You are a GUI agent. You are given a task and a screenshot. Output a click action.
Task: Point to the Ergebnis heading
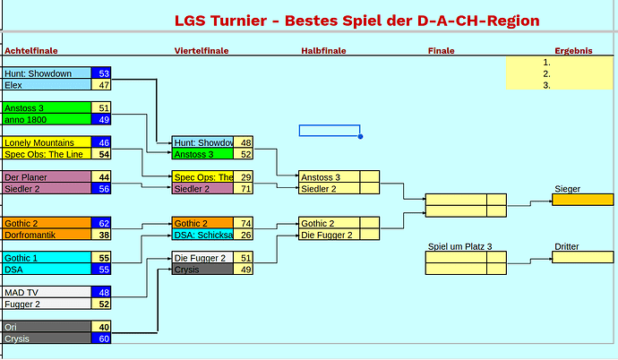573,51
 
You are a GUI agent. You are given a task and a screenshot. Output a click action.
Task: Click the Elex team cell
47,85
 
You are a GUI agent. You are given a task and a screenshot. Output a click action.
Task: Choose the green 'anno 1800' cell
47,119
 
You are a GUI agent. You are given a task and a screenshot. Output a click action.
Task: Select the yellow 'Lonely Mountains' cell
47,142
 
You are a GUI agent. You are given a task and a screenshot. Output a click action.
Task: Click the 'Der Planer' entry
47,177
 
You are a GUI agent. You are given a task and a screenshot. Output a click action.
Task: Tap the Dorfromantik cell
47,235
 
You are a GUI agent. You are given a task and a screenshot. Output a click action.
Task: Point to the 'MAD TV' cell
47,292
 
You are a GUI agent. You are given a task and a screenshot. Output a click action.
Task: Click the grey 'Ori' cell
47,327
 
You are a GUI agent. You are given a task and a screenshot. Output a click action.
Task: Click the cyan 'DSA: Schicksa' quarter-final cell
202,235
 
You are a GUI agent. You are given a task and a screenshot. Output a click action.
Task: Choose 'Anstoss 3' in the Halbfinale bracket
329,177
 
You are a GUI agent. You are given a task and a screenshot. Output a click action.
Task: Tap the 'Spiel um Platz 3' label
459,246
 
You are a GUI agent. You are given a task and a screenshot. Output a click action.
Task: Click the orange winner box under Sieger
582,200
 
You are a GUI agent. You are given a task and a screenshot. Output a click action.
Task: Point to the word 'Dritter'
567,246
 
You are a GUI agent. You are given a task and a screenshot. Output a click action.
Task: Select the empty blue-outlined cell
329,131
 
